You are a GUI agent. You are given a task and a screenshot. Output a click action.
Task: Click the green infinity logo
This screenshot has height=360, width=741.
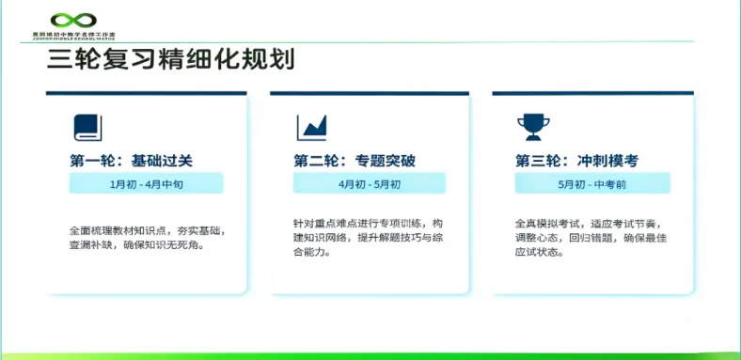tap(73, 19)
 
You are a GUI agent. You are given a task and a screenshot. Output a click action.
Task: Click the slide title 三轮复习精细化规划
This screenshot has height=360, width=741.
tap(170, 60)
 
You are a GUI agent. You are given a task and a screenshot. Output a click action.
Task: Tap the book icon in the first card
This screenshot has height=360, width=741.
tap(87, 127)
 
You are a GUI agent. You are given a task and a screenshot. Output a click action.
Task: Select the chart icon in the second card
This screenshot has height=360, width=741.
tap(311, 127)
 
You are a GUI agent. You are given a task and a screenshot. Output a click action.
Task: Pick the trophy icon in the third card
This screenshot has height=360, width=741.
tap(531, 127)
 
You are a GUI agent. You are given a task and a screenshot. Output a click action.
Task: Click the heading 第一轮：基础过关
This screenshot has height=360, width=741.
tap(131, 160)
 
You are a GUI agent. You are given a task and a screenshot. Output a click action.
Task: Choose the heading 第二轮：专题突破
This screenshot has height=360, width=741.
tap(355, 160)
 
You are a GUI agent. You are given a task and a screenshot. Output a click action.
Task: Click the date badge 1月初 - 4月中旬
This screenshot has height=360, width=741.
tap(146, 184)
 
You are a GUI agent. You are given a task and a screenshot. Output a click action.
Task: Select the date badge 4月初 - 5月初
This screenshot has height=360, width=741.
tap(370, 184)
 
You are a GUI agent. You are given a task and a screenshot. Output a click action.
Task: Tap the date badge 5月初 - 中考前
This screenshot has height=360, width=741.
tap(591, 184)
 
